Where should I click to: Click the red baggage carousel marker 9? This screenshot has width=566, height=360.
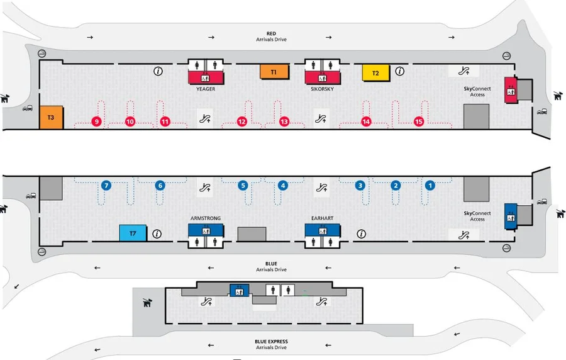[x=96, y=121]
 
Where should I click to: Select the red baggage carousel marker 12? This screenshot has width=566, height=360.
[x=241, y=121]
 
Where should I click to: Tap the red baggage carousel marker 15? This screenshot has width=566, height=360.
[x=419, y=121]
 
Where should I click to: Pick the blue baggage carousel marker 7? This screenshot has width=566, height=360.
[x=106, y=186]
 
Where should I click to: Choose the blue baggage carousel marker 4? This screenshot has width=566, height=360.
[x=283, y=186]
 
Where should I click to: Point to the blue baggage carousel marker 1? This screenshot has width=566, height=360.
[x=430, y=186]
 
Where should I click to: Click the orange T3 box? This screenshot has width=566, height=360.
[x=51, y=118]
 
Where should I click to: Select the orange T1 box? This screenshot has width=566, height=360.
[x=274, y=72]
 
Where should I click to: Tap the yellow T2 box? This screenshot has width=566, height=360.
[x=375, y=72]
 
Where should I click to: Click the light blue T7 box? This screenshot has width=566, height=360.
[x=133, y=233]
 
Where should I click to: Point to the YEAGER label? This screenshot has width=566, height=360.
[x=206, y=89]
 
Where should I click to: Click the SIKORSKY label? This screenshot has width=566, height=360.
[x=322, y=89]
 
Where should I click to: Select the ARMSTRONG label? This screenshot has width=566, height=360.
[x=206, y=218]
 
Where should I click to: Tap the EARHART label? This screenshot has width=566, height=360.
[x=322, y=218]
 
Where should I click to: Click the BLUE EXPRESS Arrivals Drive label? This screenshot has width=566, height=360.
[x=271, y=344]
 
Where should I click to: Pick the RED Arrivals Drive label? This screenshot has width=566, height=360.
[x=271, y=37]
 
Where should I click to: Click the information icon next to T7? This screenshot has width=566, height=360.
[x=157, y=233]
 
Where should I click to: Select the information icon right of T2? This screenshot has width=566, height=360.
[x=399, y=71]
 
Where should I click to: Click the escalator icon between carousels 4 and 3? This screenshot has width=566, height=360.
[x=321, y=186]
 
